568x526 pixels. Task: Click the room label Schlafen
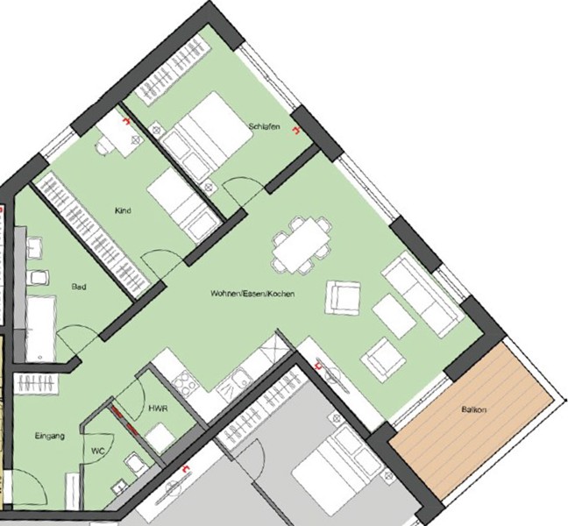[264, 126]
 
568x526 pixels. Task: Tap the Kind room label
[123, 210]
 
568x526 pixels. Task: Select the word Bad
[79, 287]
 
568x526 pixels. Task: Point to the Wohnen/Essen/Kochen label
[252, 294]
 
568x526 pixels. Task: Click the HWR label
[158, 409]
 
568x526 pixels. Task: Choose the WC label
[98, 451]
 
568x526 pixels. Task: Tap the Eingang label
[50, 437]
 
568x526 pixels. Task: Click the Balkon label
[474, 409]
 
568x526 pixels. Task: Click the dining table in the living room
[301, 245]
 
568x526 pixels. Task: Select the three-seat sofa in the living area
[422, 294]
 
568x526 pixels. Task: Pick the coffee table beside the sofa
[394, 316]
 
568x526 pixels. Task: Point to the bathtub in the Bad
[41, 329]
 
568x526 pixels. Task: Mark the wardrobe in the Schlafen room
[173, 70]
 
